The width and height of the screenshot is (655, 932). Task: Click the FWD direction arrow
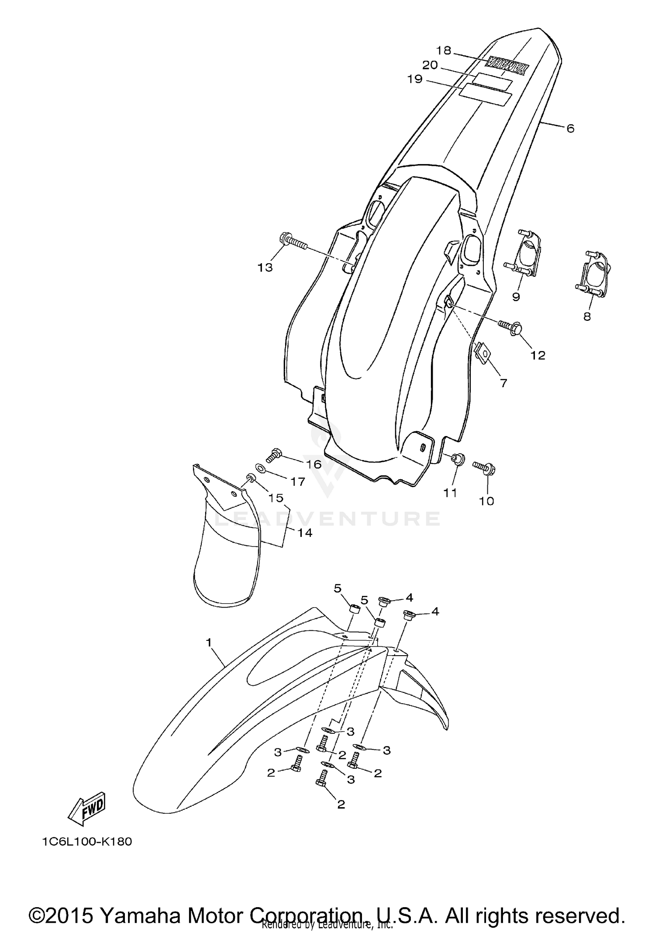tap(86, 808)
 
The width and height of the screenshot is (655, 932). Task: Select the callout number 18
tap(443, 51)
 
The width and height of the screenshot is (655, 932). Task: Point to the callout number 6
tap(570, 128)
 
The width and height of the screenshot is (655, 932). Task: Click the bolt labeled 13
tap(292, 243)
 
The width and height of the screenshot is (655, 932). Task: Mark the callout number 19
tap(414, 79)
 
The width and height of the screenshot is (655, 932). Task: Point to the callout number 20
tap(430, 65)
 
